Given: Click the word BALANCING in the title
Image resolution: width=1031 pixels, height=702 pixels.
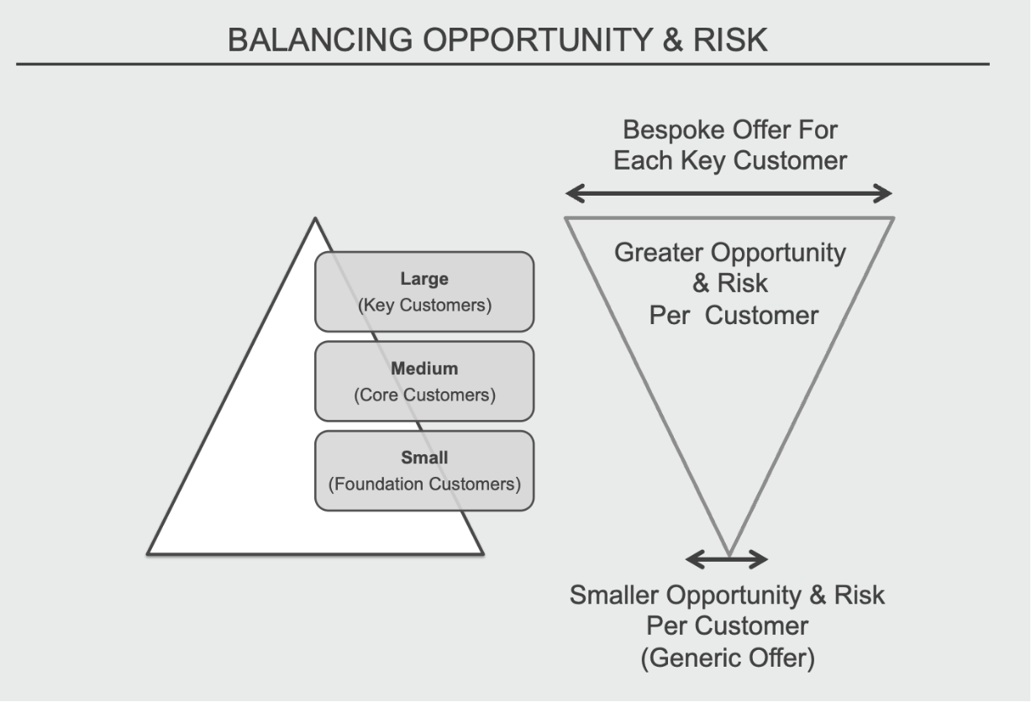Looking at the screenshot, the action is point(320,39).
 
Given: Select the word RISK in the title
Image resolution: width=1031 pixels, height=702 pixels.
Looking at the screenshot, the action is point(730,39).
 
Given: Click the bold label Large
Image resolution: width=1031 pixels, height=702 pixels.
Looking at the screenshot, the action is point(424,279).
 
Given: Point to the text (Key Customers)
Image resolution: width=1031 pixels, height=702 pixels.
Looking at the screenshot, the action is point(424,305).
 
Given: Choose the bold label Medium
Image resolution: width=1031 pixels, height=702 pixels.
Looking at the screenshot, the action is point(424,369).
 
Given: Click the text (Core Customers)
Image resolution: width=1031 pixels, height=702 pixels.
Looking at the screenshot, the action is point(424,395).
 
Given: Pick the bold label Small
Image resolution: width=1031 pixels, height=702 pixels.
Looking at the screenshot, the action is point(424,458).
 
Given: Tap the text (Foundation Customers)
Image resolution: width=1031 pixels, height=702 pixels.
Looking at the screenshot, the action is point(424,484).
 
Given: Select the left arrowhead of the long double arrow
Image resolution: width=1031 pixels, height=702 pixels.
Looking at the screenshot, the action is point(575,194).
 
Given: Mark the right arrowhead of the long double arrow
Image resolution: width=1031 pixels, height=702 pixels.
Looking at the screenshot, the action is point(883,194).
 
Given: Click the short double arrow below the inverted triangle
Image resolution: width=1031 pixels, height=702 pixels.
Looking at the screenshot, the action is point(727,559).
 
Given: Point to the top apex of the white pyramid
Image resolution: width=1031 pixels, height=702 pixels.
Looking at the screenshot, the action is point(315,218).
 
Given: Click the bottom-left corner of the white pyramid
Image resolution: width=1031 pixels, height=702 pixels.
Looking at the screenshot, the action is point(148,554).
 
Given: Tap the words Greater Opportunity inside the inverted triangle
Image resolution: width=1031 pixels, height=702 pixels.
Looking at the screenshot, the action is point(730,253).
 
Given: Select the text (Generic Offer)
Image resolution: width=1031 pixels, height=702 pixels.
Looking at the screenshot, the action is point(728,658).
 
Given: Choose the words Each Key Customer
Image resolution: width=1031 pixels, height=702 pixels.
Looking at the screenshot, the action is point(730,161).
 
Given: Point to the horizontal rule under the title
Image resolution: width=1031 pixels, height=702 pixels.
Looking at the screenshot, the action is point(502,64).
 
